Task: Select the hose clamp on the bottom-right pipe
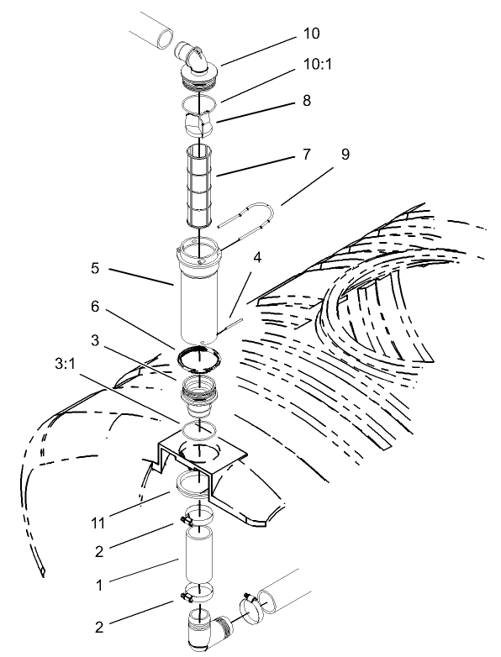pos(250,603)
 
